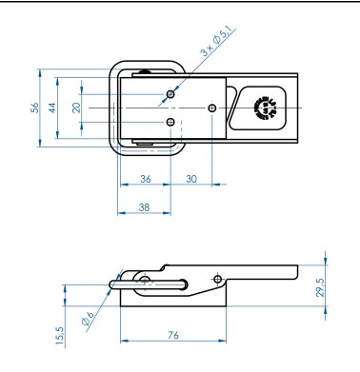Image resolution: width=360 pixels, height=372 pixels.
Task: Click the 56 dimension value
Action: tap(35, 108)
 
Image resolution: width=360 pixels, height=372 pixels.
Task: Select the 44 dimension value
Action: tap(52, 108)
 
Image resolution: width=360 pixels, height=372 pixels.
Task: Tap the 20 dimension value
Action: tap(76, 108)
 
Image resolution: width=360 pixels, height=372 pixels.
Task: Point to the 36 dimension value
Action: tap(146, 179)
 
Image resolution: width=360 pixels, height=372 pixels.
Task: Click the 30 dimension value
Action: tap(191, 179)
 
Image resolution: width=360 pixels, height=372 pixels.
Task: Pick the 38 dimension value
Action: tap(144, 207)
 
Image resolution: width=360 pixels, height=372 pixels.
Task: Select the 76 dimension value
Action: tap(173, 335)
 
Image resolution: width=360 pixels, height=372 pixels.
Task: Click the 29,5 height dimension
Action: tap(320, 287)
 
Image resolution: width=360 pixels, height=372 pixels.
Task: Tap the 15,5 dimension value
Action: tap(60, 336)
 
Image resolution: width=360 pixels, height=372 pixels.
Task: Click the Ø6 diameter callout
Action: tap(88, 319)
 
